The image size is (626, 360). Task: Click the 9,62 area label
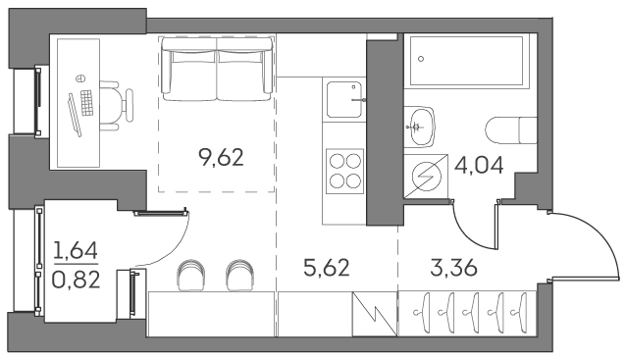click(220, 157)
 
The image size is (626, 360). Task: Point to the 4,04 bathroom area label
click(480, 165)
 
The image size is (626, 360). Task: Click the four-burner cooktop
click(344, 170)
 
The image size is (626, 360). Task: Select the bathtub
click(467, 60)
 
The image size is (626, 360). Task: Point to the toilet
click(510, 129)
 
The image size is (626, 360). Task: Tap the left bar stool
click(192, 276)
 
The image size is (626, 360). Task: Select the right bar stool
click(238, 276)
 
